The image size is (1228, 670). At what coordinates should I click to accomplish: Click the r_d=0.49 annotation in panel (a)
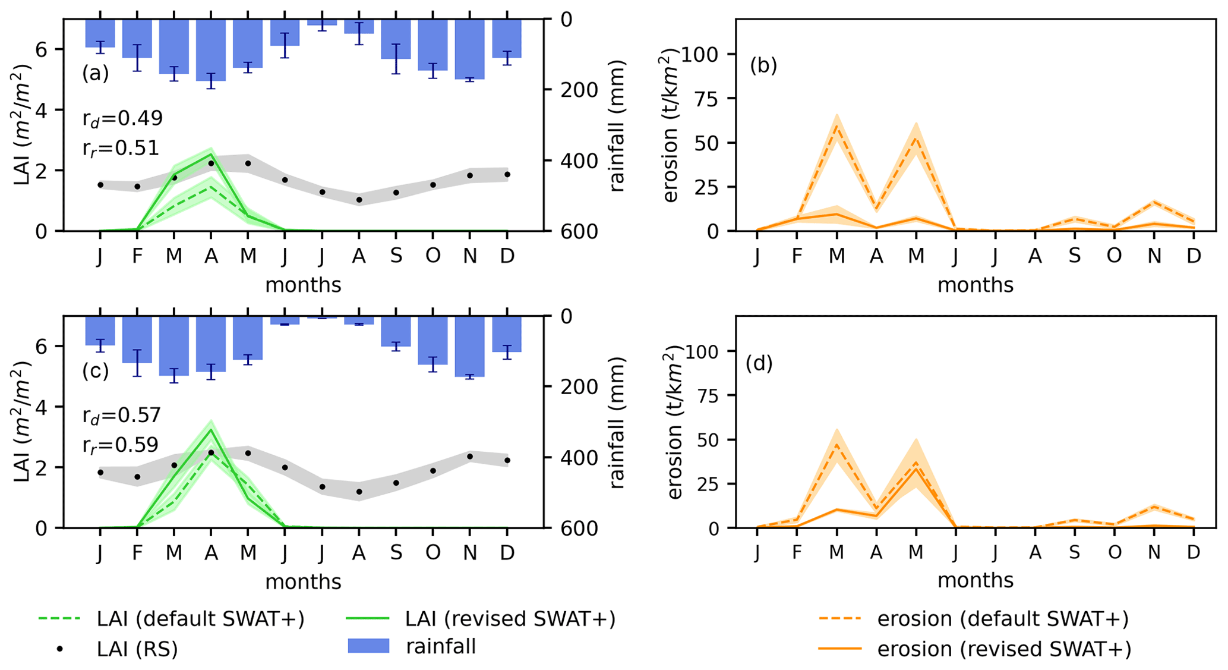coord(122,118)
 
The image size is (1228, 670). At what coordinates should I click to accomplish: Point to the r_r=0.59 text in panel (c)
coord(121,445)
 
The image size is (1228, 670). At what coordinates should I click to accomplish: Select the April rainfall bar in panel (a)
coord(211,51)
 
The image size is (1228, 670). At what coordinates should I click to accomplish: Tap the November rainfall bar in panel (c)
coord(469,347)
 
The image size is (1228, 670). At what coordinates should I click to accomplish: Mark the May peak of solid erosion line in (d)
coord(916,469)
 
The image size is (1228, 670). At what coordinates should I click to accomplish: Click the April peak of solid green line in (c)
coord(211,430)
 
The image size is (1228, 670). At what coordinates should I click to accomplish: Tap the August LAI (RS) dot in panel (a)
coord(359,200)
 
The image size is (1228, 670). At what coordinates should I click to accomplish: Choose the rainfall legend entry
coord(440,646)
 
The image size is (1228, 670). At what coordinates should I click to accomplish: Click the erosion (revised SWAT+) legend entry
coord(1004,649)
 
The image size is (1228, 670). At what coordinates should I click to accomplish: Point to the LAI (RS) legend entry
coord(137,649)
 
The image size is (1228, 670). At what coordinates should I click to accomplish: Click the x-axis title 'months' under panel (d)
coord(975,580)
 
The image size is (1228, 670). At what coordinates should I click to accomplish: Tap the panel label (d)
coord(759,363)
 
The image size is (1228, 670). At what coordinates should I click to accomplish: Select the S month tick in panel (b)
coord(1075,256)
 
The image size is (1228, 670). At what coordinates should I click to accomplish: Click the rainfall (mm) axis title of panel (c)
coord(618,423)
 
